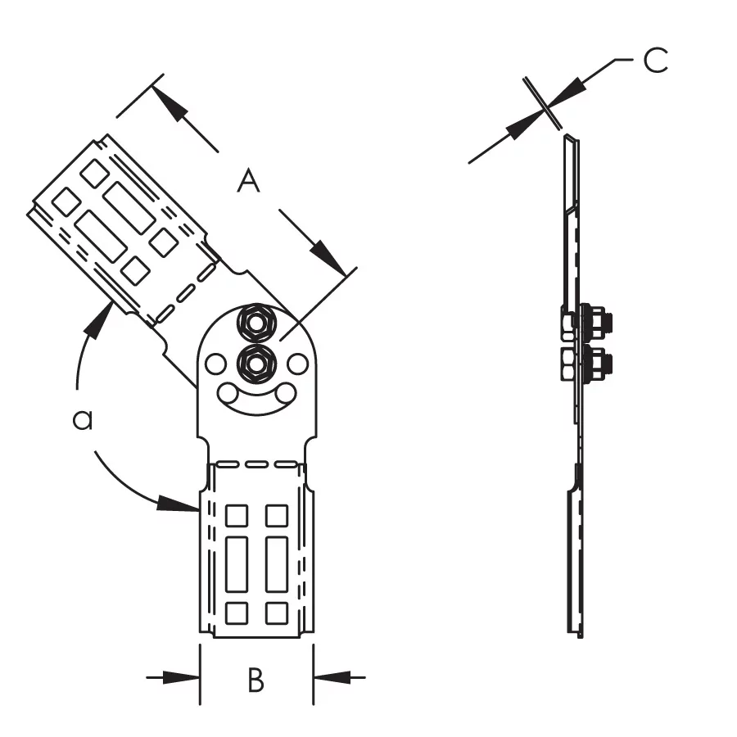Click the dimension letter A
(248, 182)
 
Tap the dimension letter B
(255, 680)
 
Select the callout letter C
(655, 60)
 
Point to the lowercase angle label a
(83, 420)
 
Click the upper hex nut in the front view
(256, 323)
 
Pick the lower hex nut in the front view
(256, 363)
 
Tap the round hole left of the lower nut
(215, 364)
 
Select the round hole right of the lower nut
(297, 364)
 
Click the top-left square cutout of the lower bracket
(237, 516)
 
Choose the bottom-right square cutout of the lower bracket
(277, 613)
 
